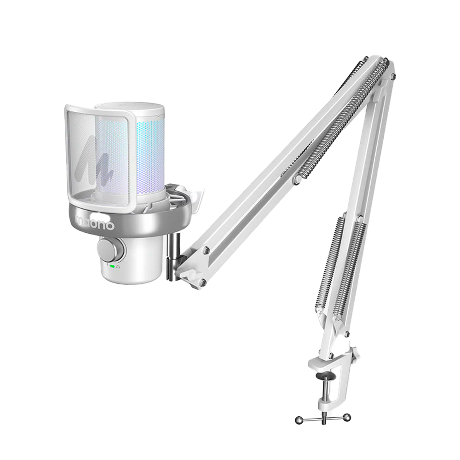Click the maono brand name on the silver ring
point(94,224)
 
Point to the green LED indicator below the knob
point(112,266)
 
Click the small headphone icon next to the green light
point(118,266)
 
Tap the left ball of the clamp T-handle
point(299,420)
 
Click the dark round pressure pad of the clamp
point(325,376)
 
